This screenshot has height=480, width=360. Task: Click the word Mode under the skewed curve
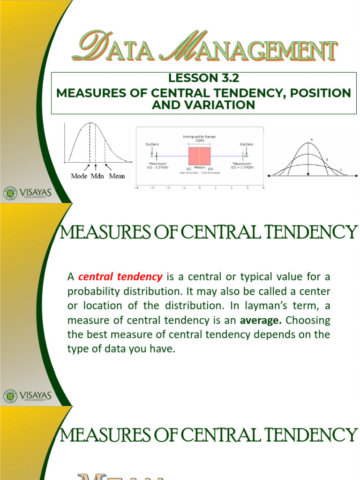(80, 176)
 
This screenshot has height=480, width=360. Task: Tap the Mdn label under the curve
(97, 176)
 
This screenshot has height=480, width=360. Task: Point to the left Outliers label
(152, 144)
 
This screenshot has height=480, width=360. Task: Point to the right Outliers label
(246, 144)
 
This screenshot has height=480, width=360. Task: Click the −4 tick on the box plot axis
(136, 188)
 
